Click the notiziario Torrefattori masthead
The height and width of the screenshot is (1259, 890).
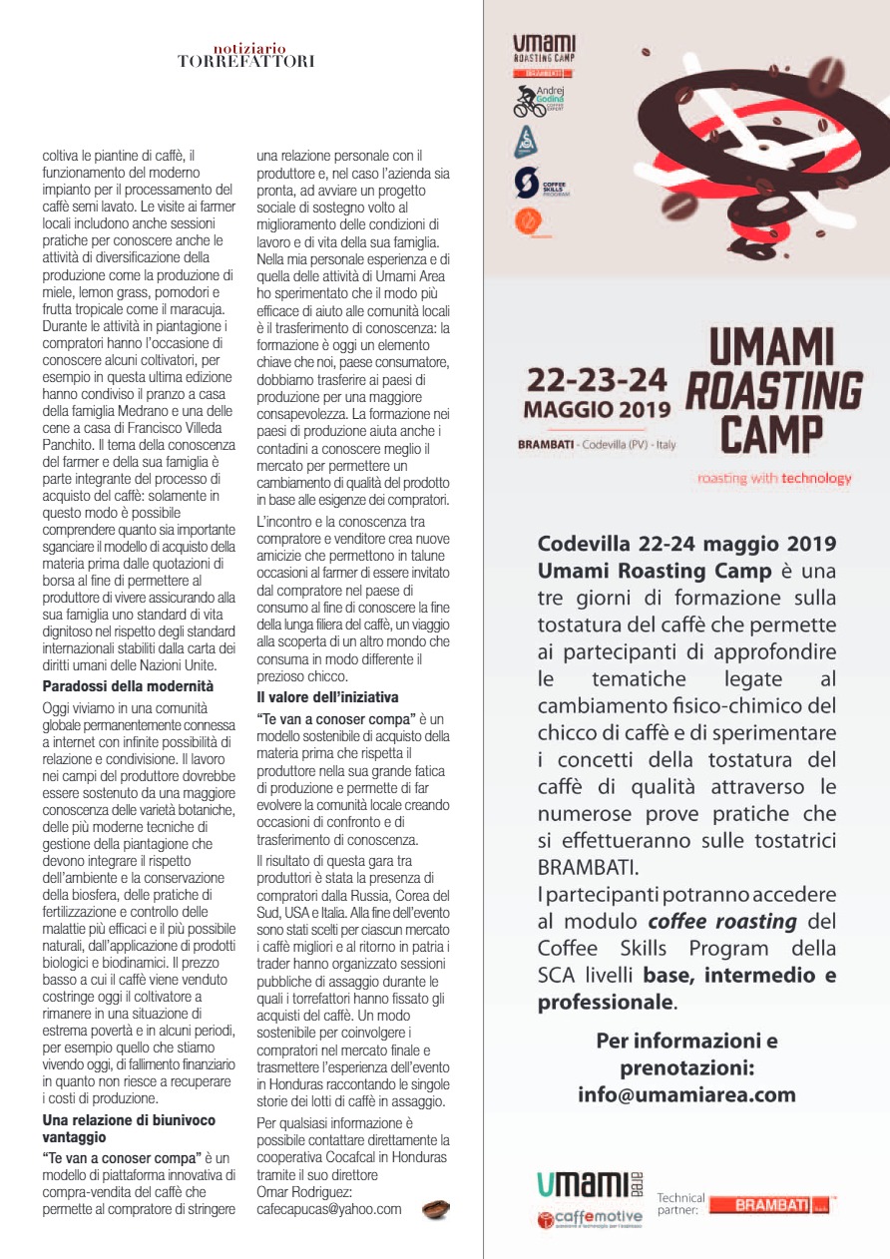(x=246, y=55)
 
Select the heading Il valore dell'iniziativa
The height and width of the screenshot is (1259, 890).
(x=327, y=696)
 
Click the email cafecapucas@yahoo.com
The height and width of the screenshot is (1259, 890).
(x=328, y=1209)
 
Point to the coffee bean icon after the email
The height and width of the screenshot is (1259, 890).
(x=435, y=1209)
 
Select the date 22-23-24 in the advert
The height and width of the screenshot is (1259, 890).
(x=597, y=381)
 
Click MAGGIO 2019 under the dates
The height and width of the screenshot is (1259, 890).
(x=598, y=410)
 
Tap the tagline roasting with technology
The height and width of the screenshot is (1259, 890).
(x=774, y=478)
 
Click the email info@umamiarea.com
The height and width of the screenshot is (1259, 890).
(x=686, y=1094)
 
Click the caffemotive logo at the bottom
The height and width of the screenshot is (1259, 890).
(x=590, y=1218)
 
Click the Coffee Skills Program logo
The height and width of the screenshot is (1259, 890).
(x=539, y=184)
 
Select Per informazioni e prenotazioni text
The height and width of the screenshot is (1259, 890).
(x=686, y=1053)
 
